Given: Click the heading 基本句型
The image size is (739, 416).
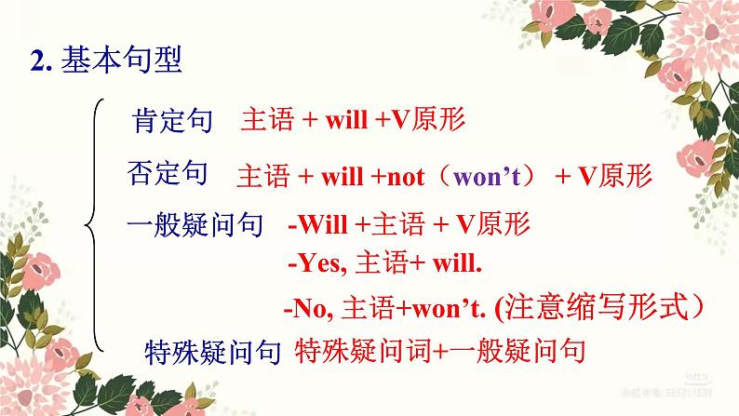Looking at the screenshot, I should pos(122,61).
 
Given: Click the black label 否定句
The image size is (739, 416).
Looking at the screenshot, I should pos(167,173).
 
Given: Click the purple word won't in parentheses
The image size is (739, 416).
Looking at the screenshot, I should pos(491,176).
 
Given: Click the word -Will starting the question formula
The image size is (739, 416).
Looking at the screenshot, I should pos(320,225).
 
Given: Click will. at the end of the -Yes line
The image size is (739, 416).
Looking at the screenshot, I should pos(454,264).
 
